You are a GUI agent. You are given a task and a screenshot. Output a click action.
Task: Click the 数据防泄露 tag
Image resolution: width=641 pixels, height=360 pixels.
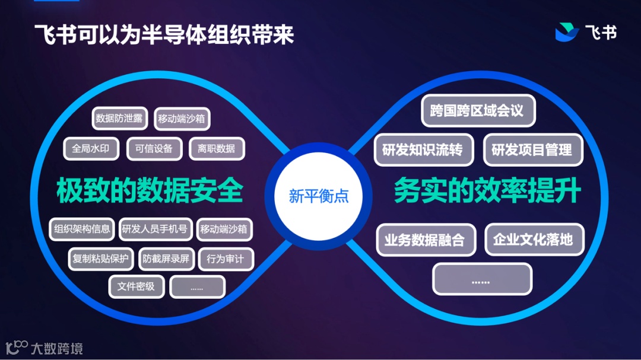pos(119,119)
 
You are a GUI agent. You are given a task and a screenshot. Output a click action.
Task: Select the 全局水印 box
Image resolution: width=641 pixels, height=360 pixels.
pos(91,148)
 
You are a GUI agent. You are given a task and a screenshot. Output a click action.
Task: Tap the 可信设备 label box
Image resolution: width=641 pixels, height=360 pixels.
pos(154,148)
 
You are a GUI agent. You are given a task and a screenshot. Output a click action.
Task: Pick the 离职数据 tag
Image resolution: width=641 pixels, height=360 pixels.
pos(217,148)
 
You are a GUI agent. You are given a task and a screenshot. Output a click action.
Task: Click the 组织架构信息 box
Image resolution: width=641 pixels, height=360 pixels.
pos(82,229)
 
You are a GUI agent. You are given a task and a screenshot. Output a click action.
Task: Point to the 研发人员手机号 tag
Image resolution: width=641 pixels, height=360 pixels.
pos(154,229)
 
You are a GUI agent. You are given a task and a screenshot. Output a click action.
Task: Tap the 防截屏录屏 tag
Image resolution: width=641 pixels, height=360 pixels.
pos(166,259)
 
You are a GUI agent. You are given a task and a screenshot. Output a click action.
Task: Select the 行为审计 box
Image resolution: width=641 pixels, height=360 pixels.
pos(226,259)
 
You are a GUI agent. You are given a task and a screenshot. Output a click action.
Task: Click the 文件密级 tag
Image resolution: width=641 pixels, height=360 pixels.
pos(136,286)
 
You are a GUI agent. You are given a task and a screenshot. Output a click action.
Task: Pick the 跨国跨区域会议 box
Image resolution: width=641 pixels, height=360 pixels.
pos(478,111)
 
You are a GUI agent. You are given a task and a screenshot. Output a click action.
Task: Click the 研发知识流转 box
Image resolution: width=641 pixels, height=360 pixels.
pos(423,149)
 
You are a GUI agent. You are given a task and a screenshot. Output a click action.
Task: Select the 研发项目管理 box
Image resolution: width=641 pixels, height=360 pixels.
pos(532,149)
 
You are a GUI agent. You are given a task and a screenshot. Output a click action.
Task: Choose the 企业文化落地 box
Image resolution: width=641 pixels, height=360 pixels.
pos(534,239)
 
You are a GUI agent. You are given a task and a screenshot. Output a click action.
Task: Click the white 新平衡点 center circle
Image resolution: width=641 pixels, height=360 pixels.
pos(318,196)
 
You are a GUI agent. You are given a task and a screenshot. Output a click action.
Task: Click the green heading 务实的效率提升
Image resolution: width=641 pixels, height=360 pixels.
pos(487,191)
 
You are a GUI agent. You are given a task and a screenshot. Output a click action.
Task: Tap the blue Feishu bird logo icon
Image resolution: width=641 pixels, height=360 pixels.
pos(567,32)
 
